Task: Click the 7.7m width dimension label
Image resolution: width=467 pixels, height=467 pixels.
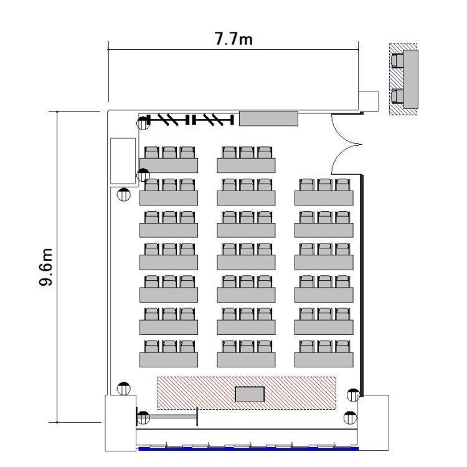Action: pos(233,39)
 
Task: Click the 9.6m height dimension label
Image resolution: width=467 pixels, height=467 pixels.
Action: pos(46,267)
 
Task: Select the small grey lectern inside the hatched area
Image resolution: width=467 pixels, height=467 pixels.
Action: pos(250,394)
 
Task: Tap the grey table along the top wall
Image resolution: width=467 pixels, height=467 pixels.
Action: pos(268,118)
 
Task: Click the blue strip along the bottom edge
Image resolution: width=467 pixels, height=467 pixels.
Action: pos(248,448)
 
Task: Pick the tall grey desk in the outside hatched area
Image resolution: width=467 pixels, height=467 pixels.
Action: pos(410,79)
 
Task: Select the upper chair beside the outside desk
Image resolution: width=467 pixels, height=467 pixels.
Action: pos(397,60)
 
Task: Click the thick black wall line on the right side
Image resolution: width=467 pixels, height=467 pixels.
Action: pos(362,286)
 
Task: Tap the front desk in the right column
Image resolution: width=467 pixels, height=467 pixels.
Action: pos(324,360)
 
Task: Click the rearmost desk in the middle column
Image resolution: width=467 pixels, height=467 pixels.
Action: pos(246,166)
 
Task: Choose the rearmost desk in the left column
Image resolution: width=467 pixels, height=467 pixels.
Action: pos(169,166)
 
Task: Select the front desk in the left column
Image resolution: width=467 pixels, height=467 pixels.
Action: pos(169,360)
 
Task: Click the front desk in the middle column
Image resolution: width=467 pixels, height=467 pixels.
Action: pos(246,360)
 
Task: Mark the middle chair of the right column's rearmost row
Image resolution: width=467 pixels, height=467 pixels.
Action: pos(324,185)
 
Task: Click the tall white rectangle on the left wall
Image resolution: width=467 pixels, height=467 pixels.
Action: pos(123,161)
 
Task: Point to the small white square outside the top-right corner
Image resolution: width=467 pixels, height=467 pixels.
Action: pos(369,102)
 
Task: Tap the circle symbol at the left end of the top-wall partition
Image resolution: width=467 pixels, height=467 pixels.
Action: pos(143,123)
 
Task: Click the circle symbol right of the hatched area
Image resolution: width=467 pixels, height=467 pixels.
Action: pos(354,395)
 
